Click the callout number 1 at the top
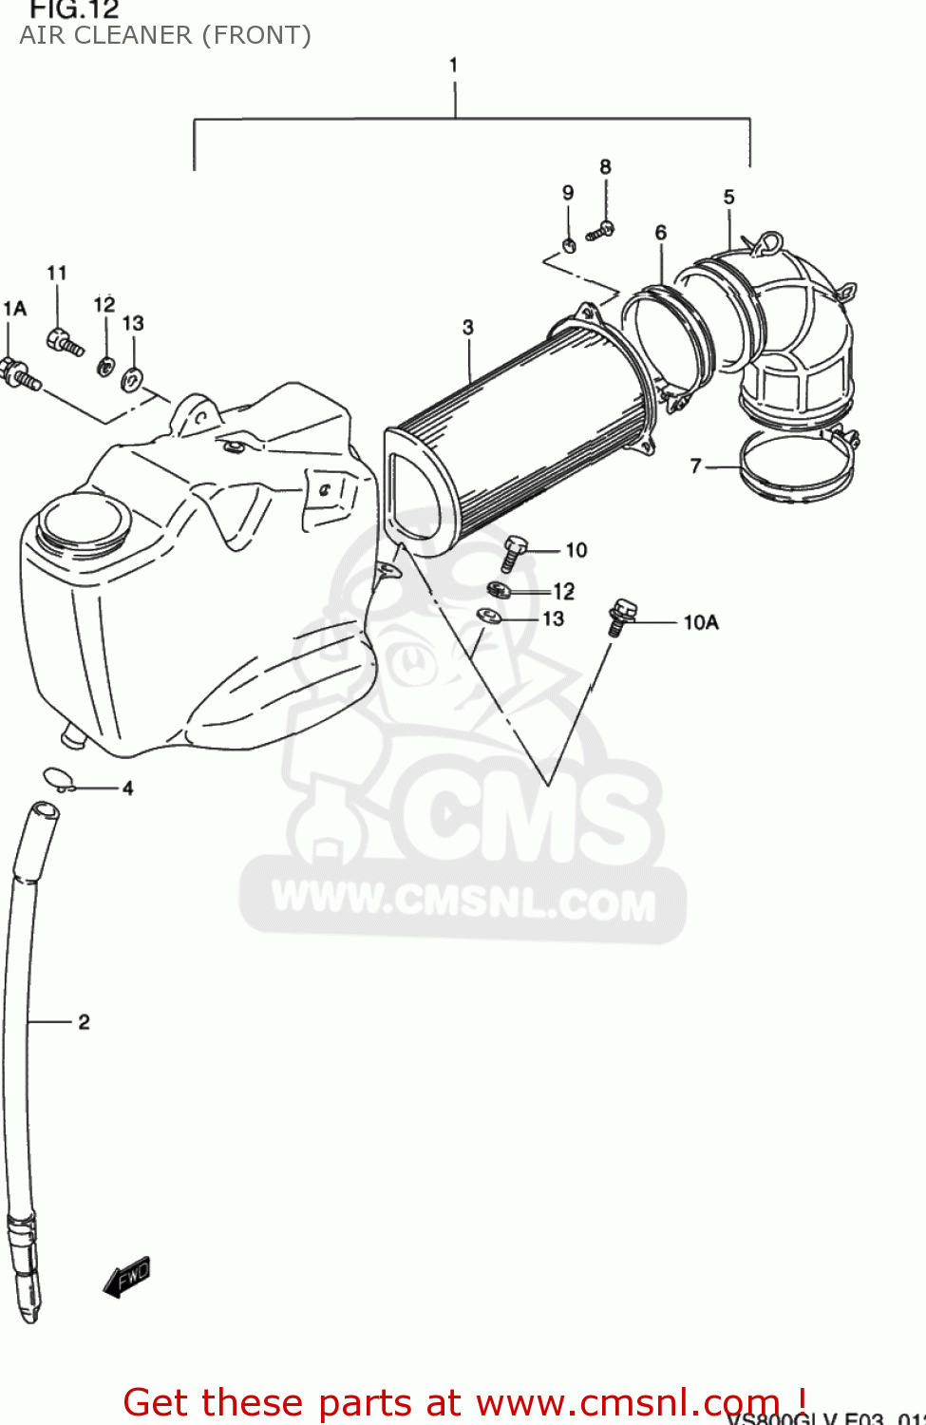[x=454, y=65]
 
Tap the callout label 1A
[x=14, y=308]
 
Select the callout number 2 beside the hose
[x=84, y=1022]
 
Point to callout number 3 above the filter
[x=467, y=327]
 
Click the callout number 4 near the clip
[x=127, y=788]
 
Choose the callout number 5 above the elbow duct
[x=728, y=197]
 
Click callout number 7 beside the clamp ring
[x=696, y=465]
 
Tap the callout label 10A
[x=701, y=622]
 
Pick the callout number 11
[x=57, y=273]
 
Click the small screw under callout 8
[x=600, y=230]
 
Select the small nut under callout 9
[x=569, y=245]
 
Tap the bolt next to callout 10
[x=513, y=551]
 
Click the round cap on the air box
[x=83, y=521]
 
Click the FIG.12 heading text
[x=74, y=10]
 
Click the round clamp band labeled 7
[x=796, y=465]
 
